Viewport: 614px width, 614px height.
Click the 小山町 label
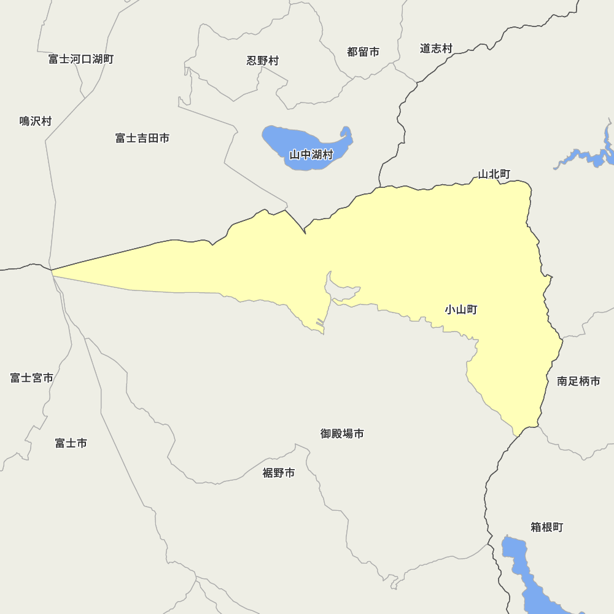(x=461, y=309)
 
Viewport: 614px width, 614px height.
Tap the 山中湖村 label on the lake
(x=311, y=154)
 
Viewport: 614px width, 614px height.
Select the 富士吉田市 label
(x=142, y=138)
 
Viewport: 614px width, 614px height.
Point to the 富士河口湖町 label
(x=81, y=59)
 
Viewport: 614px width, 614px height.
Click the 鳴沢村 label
(x=36, y=121)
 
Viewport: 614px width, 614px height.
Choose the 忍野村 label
(x=263, y=60)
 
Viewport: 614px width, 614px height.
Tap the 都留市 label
(x=363, y=52)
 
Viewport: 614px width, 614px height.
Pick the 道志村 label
(x=436, y=48)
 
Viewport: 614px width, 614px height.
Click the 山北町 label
(x=494, y=174)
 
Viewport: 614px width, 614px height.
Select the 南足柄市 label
(x=578, y=381)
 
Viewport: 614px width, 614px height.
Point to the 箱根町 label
(x=546, y=527)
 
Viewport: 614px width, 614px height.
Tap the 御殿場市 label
(x=342, y=433)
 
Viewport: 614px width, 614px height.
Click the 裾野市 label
(x=279, y=473)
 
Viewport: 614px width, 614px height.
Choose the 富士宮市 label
(x=32, y=378)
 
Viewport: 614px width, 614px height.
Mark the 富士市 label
(x=71, y=443)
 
